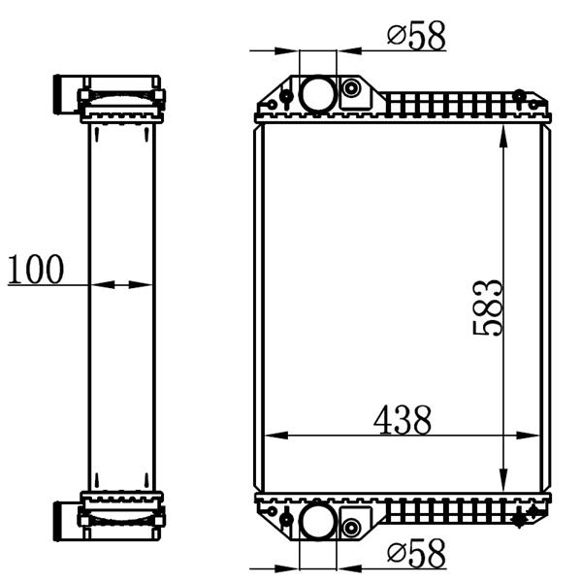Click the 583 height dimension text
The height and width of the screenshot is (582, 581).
(488, 308)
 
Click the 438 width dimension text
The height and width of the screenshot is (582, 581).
(403, 420)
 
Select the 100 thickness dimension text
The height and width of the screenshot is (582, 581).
(36, 269)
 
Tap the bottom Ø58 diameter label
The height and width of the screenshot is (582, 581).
(416, 553)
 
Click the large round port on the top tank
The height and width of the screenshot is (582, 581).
(318, 93)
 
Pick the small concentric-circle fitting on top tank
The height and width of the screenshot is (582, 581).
(351, 88)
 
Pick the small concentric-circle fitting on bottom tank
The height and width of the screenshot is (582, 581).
(351, 527)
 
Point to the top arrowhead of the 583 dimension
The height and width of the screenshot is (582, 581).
(503, 137)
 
